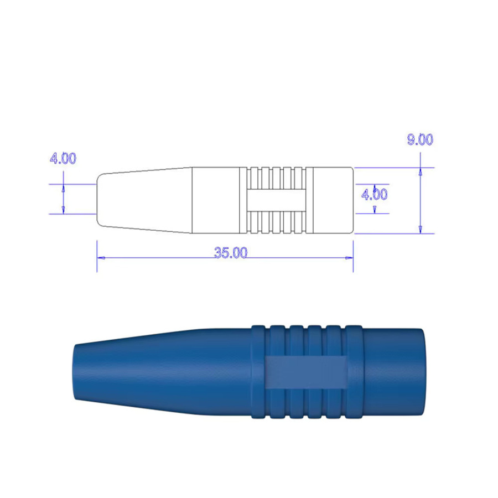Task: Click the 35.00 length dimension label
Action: click(231, 252)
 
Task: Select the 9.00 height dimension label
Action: click(420, 139)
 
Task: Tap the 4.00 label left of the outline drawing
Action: click(63, 158)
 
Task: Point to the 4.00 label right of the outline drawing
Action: click(375, 194)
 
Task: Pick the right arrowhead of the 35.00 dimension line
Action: click(349, 258)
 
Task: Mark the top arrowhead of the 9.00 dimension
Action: click(421, 172)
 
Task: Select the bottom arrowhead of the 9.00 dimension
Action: click(421, 229)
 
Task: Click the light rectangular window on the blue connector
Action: click(306, 372)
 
